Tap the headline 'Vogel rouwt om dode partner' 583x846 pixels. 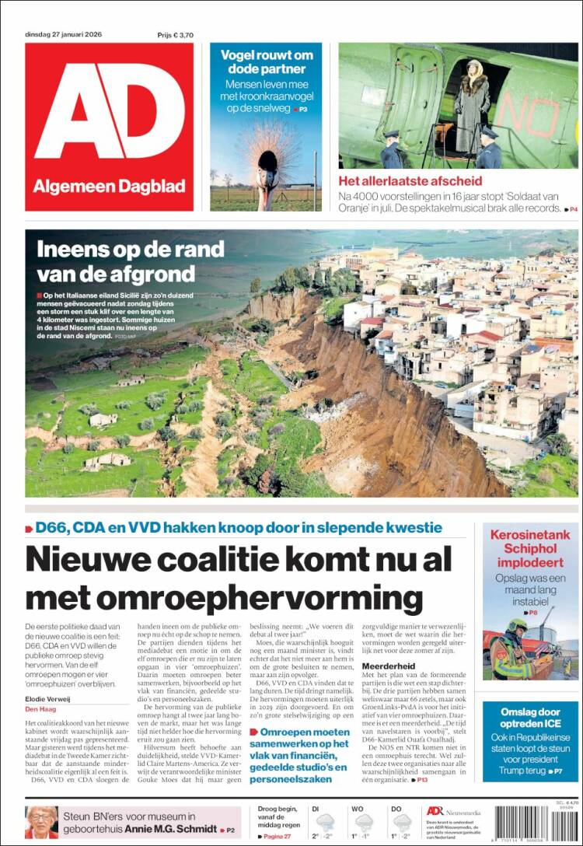(x=266, y=62)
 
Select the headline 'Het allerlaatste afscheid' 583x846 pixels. (x=410, y=181)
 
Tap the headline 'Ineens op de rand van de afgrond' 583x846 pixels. (x=131, y=262)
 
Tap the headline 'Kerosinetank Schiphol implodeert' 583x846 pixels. (x=529, y=548)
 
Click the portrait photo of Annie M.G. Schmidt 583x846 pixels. (x=41, y=823)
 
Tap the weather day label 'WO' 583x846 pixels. (x=358, y=809)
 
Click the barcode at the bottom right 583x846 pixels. (x=536, y=824)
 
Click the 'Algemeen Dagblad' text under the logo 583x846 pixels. (x=109, y=187)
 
